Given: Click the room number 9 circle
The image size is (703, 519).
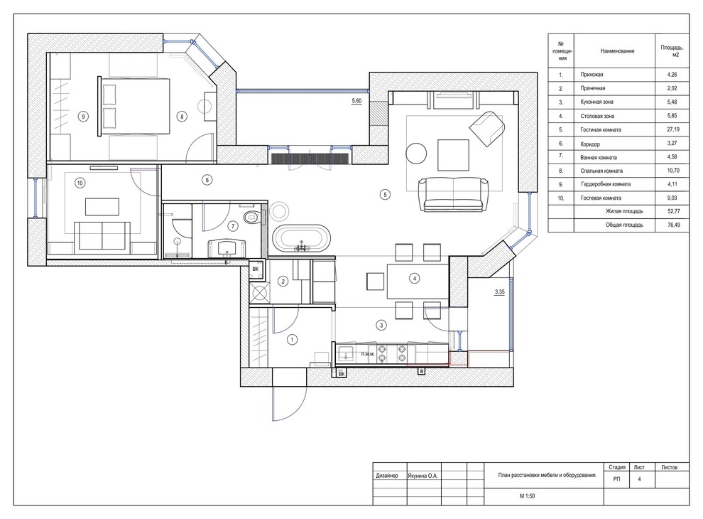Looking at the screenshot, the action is [x=83, y=117].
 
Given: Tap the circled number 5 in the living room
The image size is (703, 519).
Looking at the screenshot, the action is [x=385, y=195].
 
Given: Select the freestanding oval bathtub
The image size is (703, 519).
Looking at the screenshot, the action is [x=302, y=238].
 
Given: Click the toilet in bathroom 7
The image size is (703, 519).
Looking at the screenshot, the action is [x=252, y=218].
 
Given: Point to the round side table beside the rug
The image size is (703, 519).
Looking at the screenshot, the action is [x=417, y=154].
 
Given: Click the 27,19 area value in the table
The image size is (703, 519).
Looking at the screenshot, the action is [x=672, y=129].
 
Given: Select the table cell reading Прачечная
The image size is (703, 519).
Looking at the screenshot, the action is [x=593, y=88].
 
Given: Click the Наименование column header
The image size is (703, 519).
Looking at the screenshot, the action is [x=617, y=51].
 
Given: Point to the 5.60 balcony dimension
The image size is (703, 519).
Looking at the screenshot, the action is [x=356, y=101].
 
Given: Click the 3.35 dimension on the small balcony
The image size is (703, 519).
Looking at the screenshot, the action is [x=499, y=291].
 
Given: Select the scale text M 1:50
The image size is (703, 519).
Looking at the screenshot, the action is [x=527, y=496].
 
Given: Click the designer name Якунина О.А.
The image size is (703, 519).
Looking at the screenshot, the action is [x=423, y=476].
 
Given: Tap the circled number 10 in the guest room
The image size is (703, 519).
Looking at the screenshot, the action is [x=80, y=183].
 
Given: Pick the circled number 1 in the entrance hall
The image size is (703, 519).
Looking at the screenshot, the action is [x=292, y=340].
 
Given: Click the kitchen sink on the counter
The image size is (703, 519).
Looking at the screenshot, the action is [x=345, y=353].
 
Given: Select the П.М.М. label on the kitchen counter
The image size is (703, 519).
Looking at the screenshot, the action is [x=368, y=354].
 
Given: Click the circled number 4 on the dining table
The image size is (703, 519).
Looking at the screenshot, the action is [x=414, y=279].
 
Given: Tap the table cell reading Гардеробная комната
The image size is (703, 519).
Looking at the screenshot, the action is [x=606, y=184].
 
